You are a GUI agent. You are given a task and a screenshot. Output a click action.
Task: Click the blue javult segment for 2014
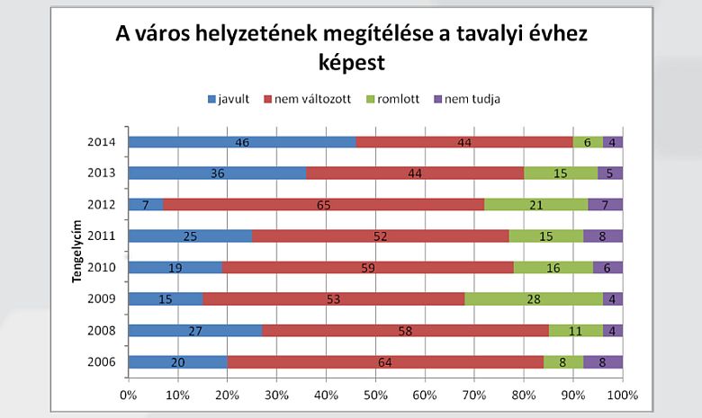tap(242, 142)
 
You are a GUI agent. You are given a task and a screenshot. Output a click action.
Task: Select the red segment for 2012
tap(324, 205)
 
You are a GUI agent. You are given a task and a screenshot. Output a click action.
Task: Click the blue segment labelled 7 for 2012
tap(146, 205)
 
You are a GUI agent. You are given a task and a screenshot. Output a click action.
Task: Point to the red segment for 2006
tap(385, 362)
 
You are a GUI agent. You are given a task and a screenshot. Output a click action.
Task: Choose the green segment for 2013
tap(561, 173)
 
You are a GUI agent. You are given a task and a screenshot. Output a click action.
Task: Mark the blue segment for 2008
tap(195, 331)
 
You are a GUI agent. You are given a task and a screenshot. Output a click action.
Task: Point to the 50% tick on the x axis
tap(375, 394)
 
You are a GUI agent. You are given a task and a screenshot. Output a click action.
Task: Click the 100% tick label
tap(621, 394)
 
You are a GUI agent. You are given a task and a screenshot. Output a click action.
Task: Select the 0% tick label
tap(129, 394)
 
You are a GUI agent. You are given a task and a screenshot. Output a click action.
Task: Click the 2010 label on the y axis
tap(101, 268)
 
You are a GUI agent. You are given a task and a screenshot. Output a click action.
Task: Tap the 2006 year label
tap(101, 362)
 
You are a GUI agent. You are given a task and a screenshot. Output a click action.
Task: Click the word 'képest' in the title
tap(351, 64)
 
